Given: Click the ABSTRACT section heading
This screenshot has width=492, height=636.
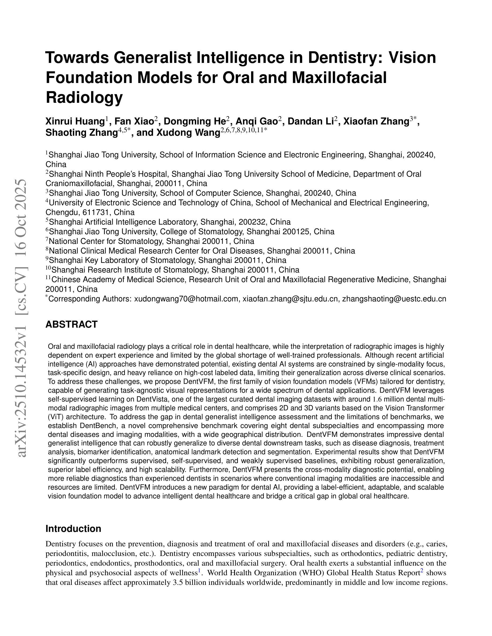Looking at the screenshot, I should pyautogui.click(x=71, y=324).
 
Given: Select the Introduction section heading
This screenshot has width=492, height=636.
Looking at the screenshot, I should pyautogui.click(x=73, y=529).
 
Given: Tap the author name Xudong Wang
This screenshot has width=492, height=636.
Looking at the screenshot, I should pyautogui.click(x=188, y=133).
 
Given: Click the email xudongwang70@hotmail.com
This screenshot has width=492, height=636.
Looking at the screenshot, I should pyautogui.click(x=186, y=299).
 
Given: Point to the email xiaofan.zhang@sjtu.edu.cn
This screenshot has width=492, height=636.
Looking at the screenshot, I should pyautogui.click(x=290, y=299).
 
